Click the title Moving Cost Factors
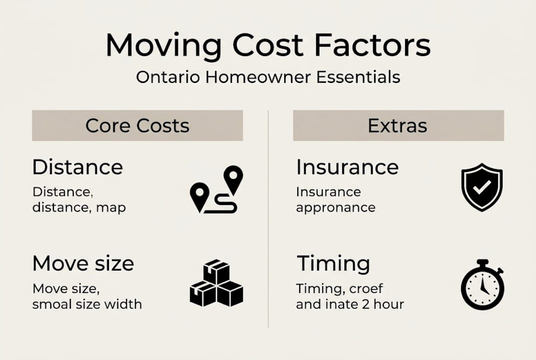(268, 46)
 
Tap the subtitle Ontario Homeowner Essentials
(268, 77)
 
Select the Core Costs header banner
(137, 125)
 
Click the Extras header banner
(398, 125)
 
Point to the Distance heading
(77, 167)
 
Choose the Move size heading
(83, 263)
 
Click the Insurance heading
(347, 167)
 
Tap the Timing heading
(333, 263)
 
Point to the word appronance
(335, 207)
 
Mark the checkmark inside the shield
(482, 187)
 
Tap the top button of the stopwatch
(482, 262)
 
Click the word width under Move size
(125, 303)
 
